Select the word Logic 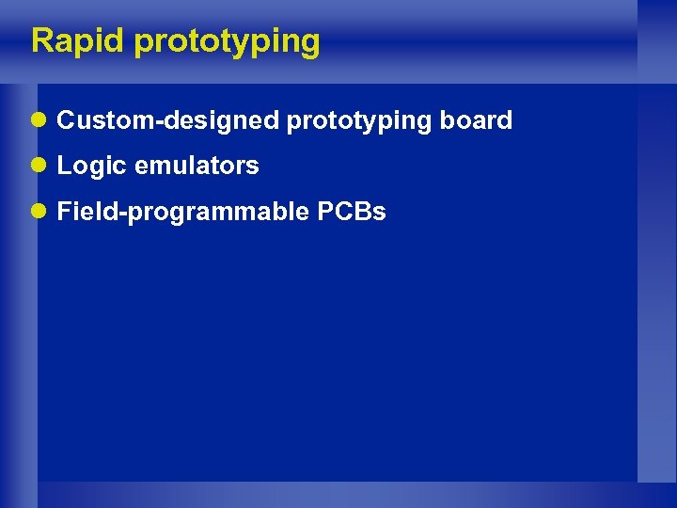92,167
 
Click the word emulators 197,167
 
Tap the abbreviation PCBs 352,212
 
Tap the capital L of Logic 64,166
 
